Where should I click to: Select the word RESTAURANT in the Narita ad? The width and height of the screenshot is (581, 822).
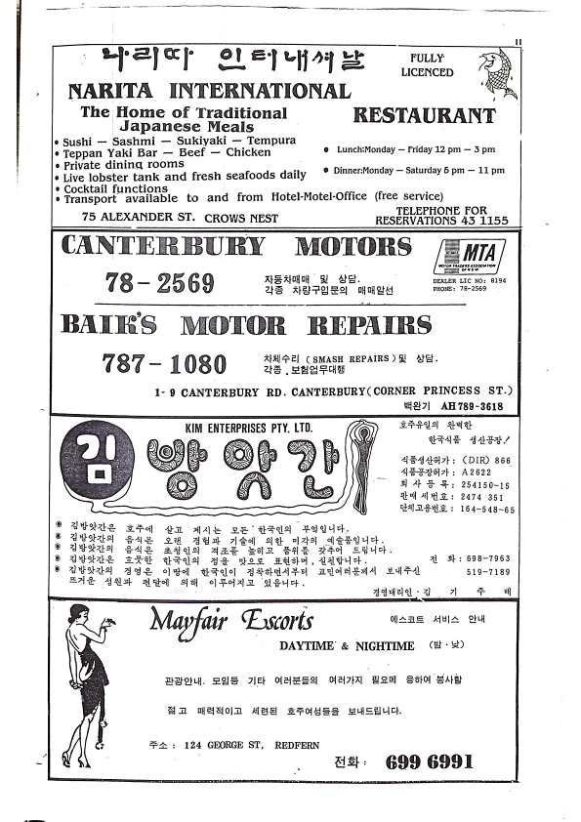point(424,115)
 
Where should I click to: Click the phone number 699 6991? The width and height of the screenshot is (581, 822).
point(430,760)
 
